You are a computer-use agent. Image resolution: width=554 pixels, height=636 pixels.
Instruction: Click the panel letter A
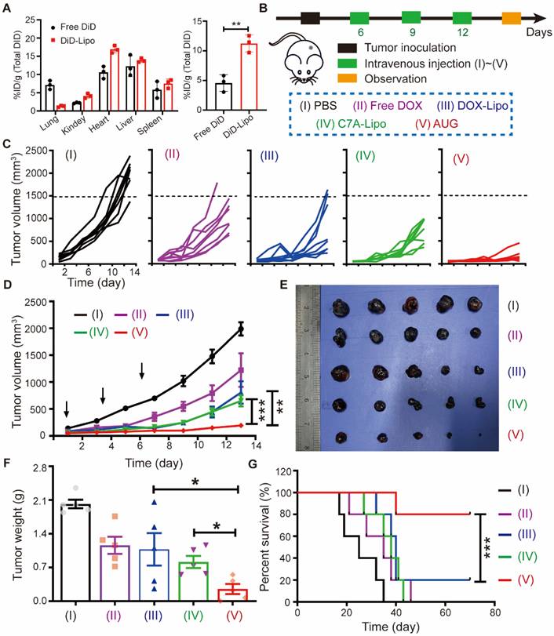tap(7, 9)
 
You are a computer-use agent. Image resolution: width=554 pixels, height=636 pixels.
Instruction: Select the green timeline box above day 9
tap(411, 16)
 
